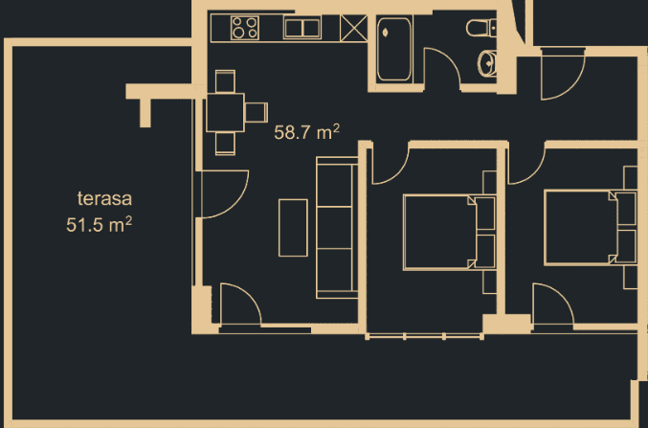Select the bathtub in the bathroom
click(x=392, y=49)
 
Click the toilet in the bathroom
click(x=479, y=30)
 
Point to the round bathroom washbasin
click(x=487, y=64)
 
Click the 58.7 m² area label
click(x=307, y=133)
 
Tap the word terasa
click(x=103, y=200)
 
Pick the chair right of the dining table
click(x=256, y=112)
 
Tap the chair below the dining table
click(x=226, y=143)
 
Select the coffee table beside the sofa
click(x=293, y=227)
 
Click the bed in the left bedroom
click(x=438, y=231)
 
